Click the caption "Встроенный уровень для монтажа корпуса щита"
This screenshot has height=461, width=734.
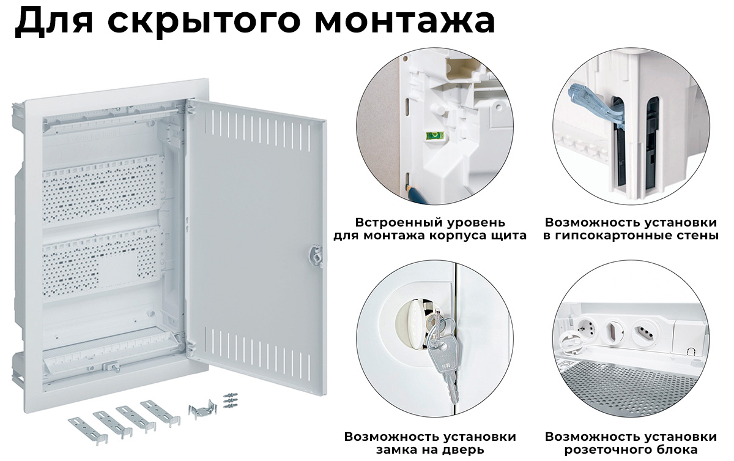point(430,229)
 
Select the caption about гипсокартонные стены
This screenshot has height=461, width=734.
point(631,229)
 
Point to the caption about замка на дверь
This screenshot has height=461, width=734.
point(430,443)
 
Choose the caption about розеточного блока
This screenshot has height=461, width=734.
point(631,443)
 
